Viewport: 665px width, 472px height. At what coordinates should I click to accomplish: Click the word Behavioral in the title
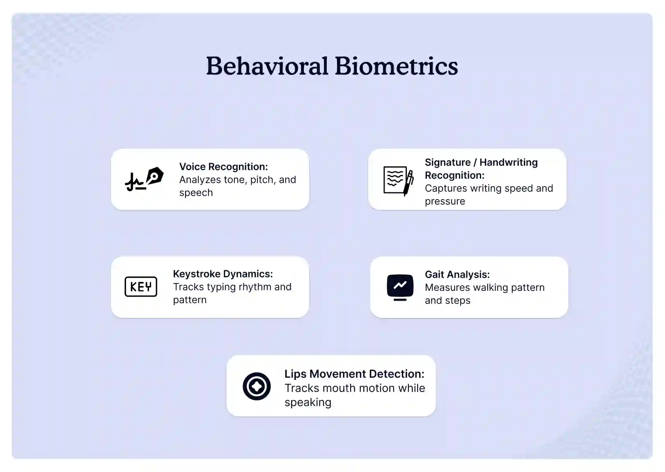pyautogui.click(x=267, y=66)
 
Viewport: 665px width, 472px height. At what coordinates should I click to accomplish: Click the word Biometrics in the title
pyautogui.click(x=396, y=66)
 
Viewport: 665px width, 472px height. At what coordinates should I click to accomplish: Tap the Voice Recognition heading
pyautogui.click(x=223, y=166)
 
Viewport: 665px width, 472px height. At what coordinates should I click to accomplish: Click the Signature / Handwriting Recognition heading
pyautogui.click(x=481, y=168)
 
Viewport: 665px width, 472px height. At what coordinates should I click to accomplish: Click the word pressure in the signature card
pyautogui.click(x=445, y=201)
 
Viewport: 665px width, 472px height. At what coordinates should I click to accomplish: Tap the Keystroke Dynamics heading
pyautogui.click(x=222, y=274)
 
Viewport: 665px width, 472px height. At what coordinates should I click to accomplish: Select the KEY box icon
pyautogui.click(x=141, y=287)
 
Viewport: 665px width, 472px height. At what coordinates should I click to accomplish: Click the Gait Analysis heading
pyautogui.click(x=457, y=274)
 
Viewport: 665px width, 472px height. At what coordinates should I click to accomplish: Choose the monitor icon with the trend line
pyautogui.click(x=400, y=287)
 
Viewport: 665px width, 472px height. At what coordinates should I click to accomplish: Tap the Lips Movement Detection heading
pyautogui.click(x=354, y=374)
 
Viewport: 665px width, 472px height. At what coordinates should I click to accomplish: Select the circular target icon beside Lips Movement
pyautogui.click(x=257, y=386)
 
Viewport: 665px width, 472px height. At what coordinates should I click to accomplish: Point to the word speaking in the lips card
pyautogui.click(x=307, y=402)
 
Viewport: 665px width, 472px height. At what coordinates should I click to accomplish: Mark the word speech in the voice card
pyautogui.click(x=196, y=193)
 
